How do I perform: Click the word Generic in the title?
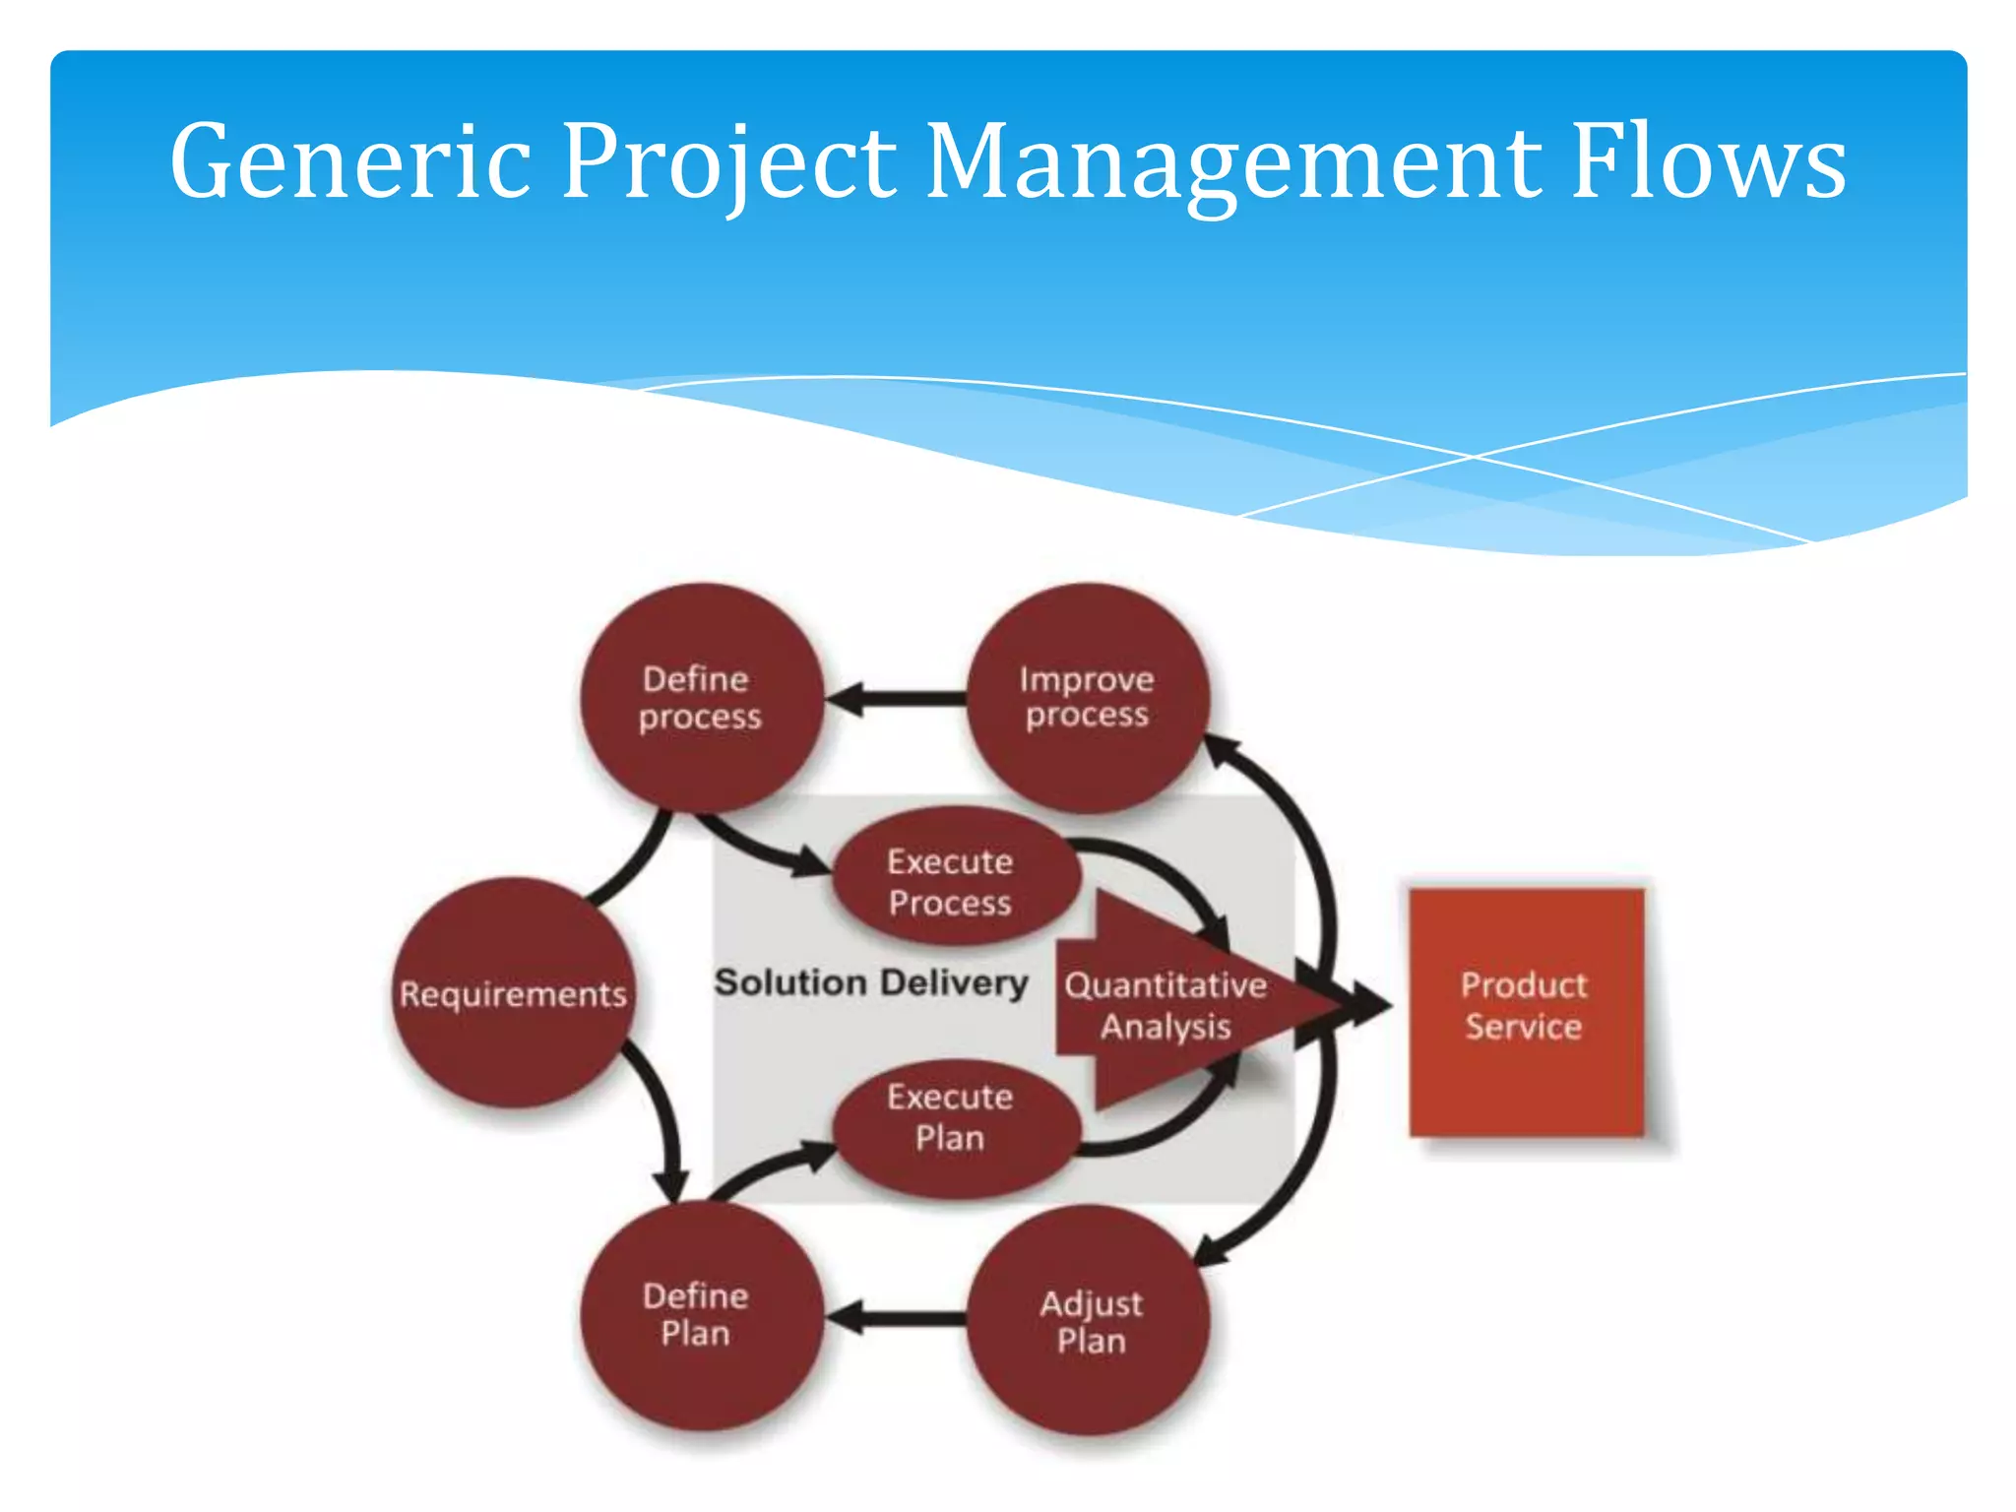tap(349, 162)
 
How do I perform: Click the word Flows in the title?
tap(1708, 162)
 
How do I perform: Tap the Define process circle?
tap(700, 698)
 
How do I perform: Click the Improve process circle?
tap(1087, 698)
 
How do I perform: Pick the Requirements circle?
tap(512, 993)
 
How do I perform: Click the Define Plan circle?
tap(700, 1315)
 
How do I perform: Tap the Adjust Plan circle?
tap(1089, 1320)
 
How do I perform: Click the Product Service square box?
tap(1526, 1010)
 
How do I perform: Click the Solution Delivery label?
tap(870, 982)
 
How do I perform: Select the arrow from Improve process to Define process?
tap(896, 699)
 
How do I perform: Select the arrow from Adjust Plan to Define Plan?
tap(896, 1318)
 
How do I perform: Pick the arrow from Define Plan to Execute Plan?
tap(768, 1167)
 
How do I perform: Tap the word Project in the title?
tap(728, 162)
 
